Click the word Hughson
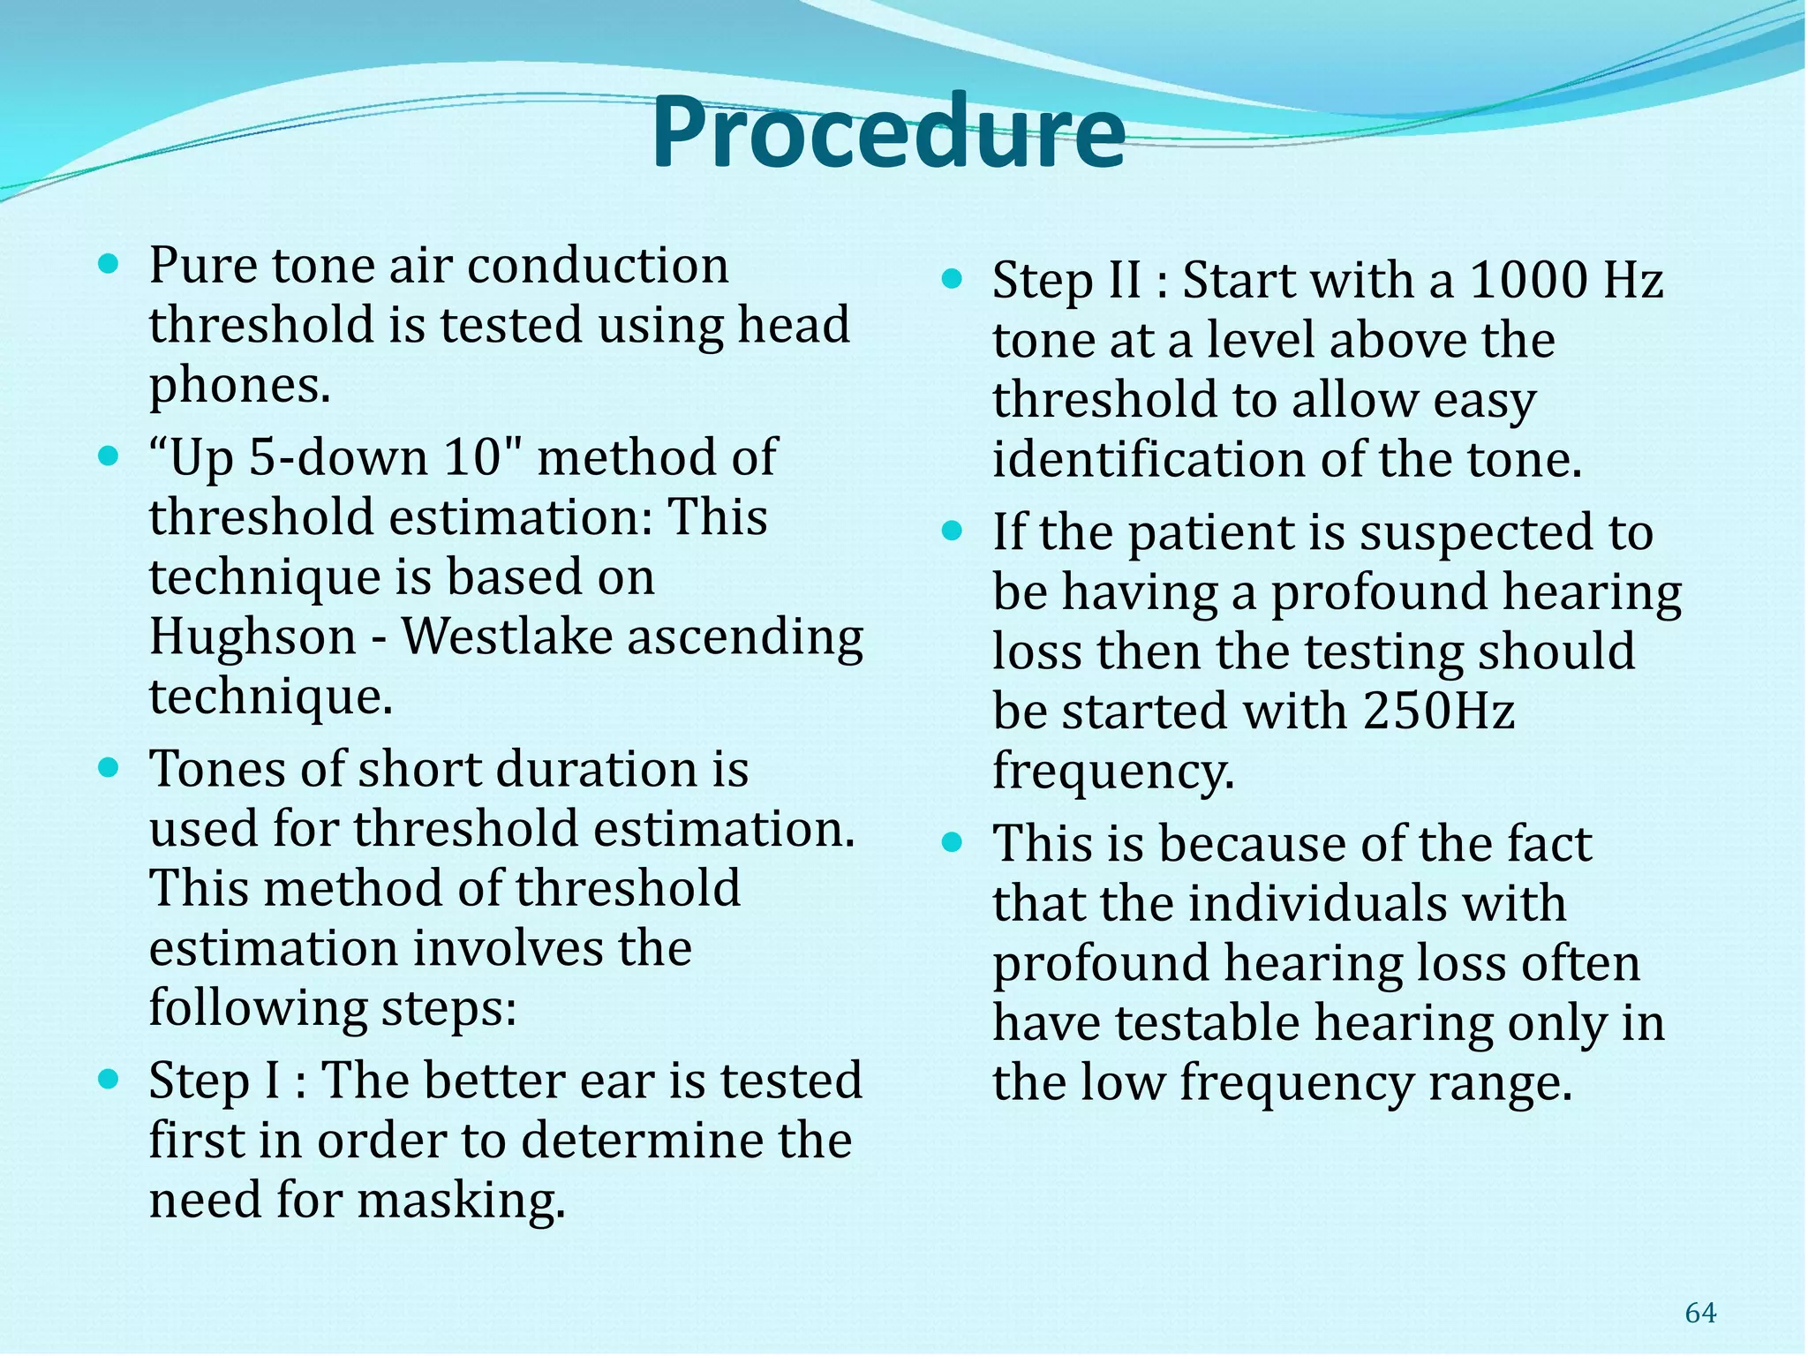click(252, 637)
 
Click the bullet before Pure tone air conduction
click(108, 263)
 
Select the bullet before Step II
click(951, 280)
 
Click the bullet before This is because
click(951, 842)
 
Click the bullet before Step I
click(108, 1079)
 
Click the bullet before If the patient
click(951, 531)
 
